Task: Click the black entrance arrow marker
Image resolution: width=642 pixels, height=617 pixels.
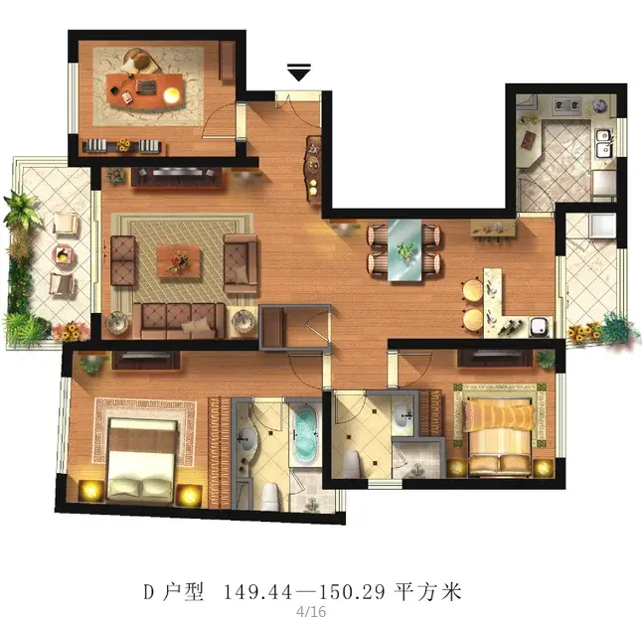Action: (x=299, y=73)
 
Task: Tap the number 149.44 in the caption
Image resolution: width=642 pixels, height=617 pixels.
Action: (x=258, y=591)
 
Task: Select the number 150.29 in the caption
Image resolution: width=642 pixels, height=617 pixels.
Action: (x=352, y=591)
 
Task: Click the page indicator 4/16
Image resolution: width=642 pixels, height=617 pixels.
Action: (x=311, y=611)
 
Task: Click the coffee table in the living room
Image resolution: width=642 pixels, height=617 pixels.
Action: (x=179, y=261)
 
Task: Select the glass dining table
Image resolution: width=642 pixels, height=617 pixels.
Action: (x=404, y=250)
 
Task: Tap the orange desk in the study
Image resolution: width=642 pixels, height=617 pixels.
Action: (x=145, y=91)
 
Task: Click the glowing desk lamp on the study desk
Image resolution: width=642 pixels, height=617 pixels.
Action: (x=172, y=95)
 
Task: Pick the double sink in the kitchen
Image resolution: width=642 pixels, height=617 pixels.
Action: (x=603, y=143)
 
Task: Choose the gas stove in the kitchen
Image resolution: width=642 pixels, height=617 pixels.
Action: (x=567, y=105)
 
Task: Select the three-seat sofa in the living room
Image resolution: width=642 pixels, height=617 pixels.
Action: (x=179, y=321)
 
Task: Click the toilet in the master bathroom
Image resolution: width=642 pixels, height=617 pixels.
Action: (x=270, y=496)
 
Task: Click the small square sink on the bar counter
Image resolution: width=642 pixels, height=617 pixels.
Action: (x=539, y=326)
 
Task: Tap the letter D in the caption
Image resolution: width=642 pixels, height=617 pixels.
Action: (x=148, y=592)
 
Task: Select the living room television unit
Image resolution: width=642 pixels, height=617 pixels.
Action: (x=177, y=177)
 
